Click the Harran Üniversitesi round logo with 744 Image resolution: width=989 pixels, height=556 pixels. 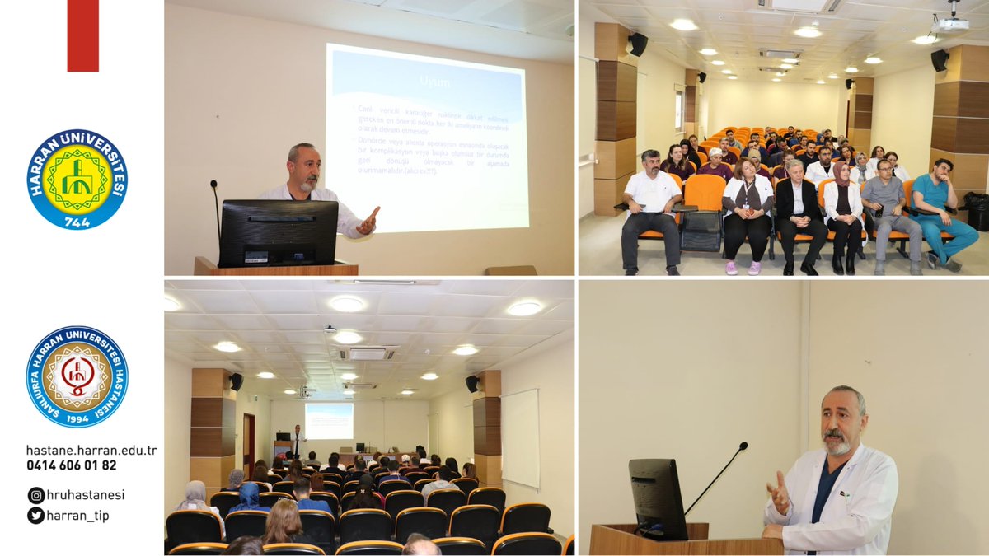pos(77,179)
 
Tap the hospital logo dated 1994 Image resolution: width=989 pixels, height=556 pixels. pos(77,376)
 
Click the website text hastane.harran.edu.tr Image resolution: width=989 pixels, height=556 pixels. pos(91,451)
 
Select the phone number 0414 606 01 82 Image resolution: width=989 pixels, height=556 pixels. pos(71,465)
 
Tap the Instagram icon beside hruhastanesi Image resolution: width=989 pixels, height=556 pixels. pos(35,495)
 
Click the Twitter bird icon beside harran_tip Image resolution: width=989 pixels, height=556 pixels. pos(35,516)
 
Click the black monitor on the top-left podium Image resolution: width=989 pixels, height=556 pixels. pos(278,232)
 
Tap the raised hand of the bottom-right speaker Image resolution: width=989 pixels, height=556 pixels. pos(777,494)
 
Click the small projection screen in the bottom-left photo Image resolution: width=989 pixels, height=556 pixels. pos(329,420)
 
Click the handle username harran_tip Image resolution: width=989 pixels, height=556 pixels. pos(77,516)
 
